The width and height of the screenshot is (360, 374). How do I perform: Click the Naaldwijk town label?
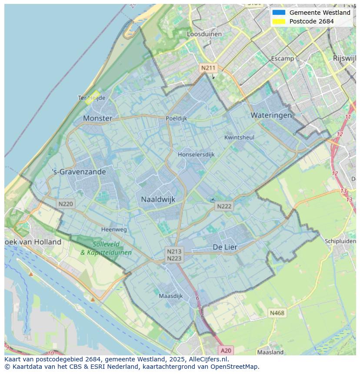click(158, 199)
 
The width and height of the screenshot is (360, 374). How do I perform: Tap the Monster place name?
click(97, 118)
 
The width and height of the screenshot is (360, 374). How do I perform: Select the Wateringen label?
click(271, 115)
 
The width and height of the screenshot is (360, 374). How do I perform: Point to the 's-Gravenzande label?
click(79, 172)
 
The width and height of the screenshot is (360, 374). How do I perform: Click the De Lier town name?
click(225, 247)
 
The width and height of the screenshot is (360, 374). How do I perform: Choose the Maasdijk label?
click(171, 296)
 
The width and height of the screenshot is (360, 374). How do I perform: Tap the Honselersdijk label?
click(196, 154)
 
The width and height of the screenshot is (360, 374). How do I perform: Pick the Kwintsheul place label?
click(239, 137)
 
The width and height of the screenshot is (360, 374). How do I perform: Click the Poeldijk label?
click(176, 118)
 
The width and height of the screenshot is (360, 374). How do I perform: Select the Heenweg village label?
click(114, 229)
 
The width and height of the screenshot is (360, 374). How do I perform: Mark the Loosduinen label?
click(204, 34)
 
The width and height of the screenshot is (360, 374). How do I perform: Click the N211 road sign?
click(208, 68)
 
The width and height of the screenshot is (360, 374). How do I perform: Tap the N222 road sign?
click(224, 206)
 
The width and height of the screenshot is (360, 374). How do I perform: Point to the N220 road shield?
click(66, 203)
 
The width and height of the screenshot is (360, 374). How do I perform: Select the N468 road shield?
click(277, 313)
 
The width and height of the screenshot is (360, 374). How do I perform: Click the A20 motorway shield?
click(226, 350)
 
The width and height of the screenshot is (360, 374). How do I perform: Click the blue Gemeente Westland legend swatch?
click(279, 13)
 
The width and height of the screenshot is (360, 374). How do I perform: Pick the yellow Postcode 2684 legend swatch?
click(279, 21)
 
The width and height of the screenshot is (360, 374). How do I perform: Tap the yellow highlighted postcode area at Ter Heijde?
click(92, 97)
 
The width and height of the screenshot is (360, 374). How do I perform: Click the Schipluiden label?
click(340, 241)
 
